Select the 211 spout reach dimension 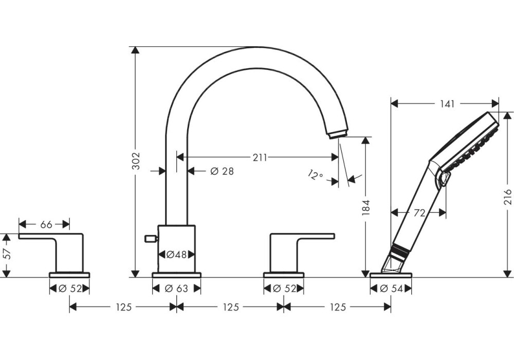260,157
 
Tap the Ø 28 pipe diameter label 222,171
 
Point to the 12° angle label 316,175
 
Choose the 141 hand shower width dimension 447,104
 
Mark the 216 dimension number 508,198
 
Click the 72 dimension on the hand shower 419,213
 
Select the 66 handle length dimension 46,224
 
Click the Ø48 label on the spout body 176,254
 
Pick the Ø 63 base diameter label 176,289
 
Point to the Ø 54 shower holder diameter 391,289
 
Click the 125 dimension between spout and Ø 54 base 337,307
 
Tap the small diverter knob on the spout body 151,238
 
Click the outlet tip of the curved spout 336,134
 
